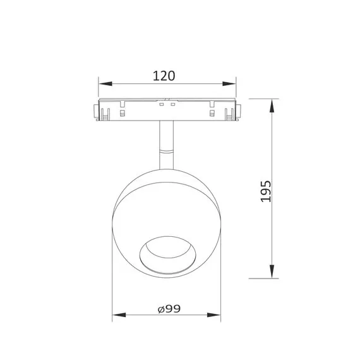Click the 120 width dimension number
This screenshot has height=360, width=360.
tap(164, 76)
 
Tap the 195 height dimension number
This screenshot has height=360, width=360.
tap(266, 191)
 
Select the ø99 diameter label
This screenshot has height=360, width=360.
tap(169, 309)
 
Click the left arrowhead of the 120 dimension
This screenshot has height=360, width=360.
tap(105, 83)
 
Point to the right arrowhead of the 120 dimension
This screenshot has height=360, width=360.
tap(229, 83)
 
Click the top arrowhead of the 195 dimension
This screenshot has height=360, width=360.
tap(272, 105)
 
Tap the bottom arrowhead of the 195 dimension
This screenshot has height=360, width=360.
tap(272, 272)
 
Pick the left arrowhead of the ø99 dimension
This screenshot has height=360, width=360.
tap(119, 315)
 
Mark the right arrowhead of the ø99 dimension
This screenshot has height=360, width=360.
tap(213, 315)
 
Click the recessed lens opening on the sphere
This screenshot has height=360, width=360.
tap(168, 255)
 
